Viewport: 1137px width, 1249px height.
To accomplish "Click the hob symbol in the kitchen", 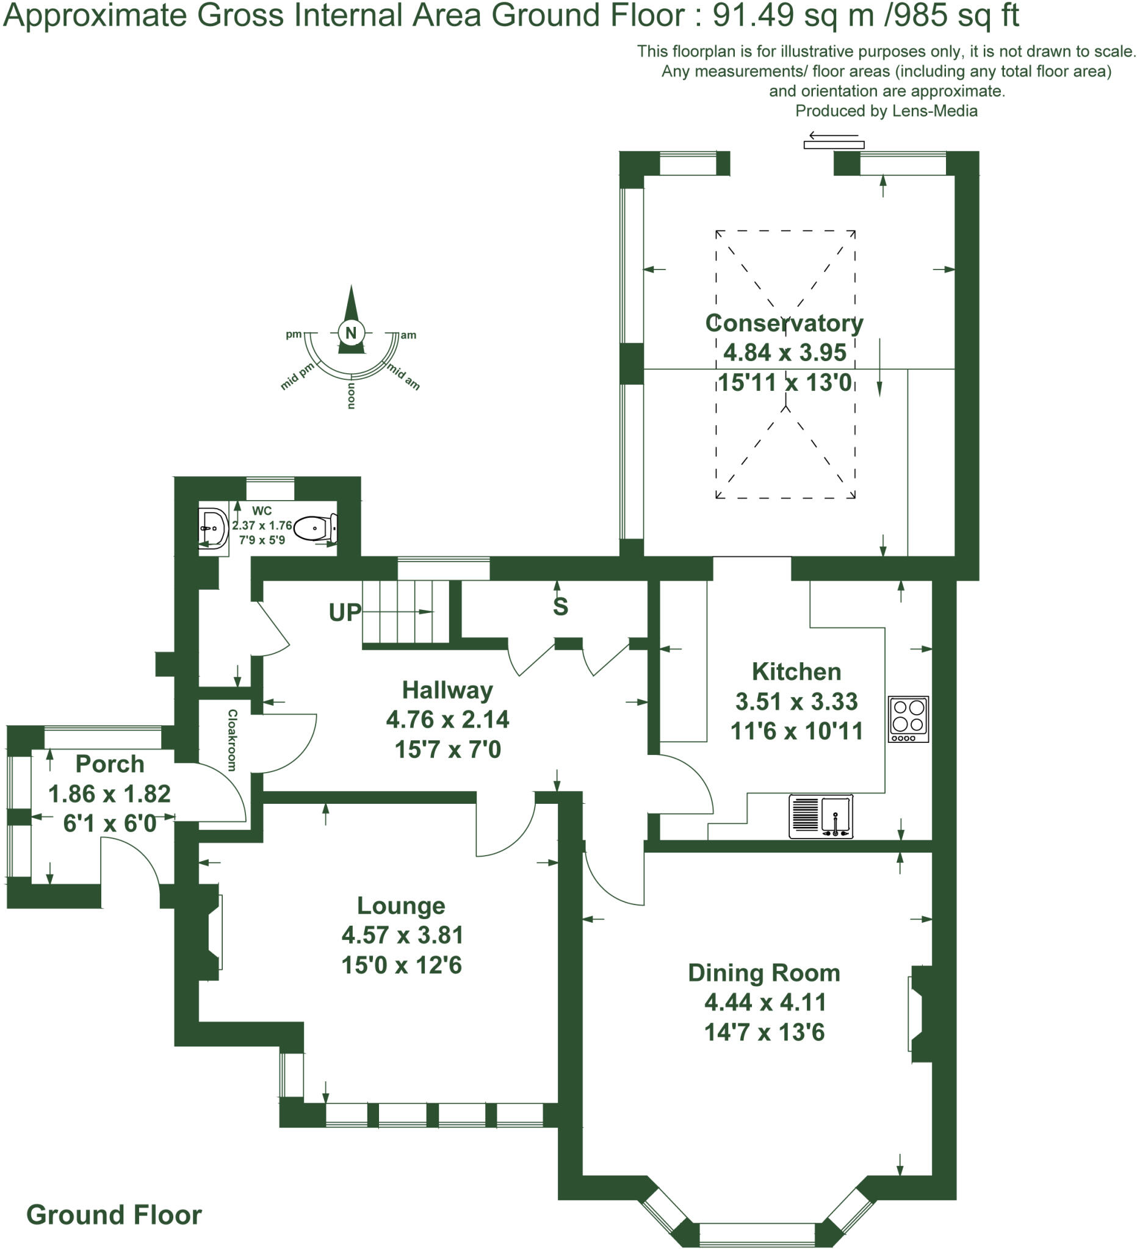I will [x=908, y=718].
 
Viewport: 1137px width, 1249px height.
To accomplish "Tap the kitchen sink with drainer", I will [x=820, y=817].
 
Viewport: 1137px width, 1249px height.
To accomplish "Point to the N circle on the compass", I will [x=351, y=333].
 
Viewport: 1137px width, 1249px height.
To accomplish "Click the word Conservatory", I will [x=784, y=323].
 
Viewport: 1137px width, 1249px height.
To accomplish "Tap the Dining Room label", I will [x=763, y=973].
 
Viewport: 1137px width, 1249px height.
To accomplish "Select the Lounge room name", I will [x=401, y=905].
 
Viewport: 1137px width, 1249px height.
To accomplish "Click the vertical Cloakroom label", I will [x=232, y=740].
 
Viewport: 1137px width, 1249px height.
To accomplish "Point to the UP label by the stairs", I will [x=345, y=612].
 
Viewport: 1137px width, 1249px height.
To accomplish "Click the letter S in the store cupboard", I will [x=560, y=607].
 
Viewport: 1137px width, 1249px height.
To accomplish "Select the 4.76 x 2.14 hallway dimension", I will [x=447, y=719].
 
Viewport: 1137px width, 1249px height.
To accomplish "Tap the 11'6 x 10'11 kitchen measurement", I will [x=796, y=731].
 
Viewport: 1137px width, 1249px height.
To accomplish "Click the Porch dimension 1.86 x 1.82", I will [x=109, y=793].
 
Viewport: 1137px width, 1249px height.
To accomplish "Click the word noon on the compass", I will [x=351, y=396].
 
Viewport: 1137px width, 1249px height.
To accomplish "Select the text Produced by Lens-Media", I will [x=886, y=111].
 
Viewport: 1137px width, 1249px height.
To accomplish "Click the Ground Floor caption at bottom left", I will [x=114, y=1214].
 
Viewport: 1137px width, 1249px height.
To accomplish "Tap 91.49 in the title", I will [x=753, y=15].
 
